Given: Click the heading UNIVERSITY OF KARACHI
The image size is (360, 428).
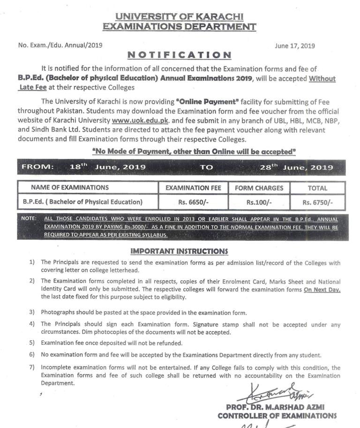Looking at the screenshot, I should pos(180,16).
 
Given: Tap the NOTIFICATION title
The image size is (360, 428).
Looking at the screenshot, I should pos(180,55).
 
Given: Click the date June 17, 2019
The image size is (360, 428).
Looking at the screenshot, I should pos(295,46).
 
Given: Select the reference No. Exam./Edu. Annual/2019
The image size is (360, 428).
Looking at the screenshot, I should pos(60,46).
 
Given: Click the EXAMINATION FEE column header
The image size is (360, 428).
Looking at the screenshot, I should pos(193,188).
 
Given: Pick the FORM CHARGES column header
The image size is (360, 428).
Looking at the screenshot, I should pos(259,188).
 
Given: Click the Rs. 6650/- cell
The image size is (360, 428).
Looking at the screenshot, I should pos(193,202).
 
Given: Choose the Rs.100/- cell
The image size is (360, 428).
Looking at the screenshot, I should pos(259,202).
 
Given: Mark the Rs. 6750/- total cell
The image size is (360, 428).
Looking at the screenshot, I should pos(317,202).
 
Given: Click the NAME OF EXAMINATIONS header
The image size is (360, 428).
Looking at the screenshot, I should pos(70,188).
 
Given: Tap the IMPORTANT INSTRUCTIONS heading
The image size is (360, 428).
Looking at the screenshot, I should pos(179,252).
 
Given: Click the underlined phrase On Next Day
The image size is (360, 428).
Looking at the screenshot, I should pos(322,290).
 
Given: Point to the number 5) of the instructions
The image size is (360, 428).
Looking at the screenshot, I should pos(32,343).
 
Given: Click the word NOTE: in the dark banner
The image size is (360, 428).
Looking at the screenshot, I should pos(30,219).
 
